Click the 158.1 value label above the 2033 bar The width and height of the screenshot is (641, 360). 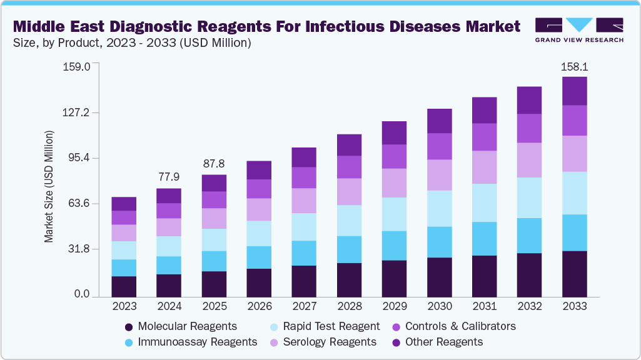coord(575,66)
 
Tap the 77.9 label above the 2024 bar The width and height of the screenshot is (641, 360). coord(169,177)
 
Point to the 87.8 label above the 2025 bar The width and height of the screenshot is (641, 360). coord(214,164)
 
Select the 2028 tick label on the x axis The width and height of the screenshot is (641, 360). coord(349,306)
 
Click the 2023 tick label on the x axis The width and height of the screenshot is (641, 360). coord(124,306)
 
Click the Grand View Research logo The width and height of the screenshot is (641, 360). coord(579,30)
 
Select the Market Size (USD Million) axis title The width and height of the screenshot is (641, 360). coord(49,186)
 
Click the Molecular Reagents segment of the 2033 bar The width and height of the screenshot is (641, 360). coord(575,274)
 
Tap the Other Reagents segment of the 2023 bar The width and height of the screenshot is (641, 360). coord(124,204)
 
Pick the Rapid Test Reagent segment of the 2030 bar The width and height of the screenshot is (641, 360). coord(439,208)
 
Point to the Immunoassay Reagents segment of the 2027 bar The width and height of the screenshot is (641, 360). coord(304,253)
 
